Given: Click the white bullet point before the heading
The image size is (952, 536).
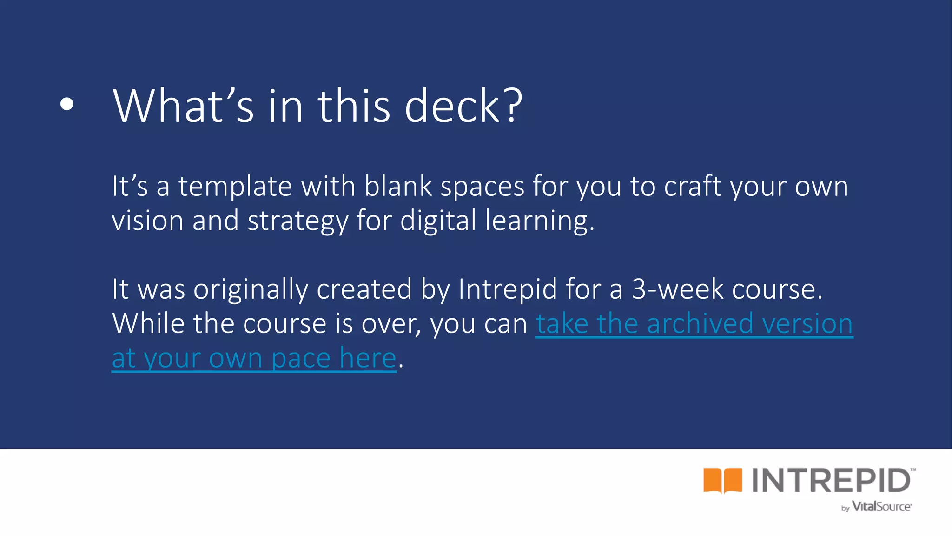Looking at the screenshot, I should pyautogui.click(x=67, y=105).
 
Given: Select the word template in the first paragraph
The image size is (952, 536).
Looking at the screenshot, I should pyautogui.click(x=235, y=187).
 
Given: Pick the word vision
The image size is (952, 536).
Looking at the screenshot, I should pyautogui.click(x=147, y=221).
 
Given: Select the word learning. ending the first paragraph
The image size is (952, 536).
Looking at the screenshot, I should pyautogui.click(x=540, y=221).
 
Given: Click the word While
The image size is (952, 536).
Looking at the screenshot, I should pyautogui.click(x=148, y=323).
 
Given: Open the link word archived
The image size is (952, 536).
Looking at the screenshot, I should pyautogui.click(x=700, y=323).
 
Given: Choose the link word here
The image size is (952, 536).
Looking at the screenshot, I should pyautogui.click(x=368, y=358).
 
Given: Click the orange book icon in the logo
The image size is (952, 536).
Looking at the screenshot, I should pyautogui.click(x=722, y=480).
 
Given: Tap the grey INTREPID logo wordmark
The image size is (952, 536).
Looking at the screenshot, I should pyautogui.click(x=831, y=480).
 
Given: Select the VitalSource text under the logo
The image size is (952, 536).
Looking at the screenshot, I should pyautogui.click(x=881, y=507).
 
